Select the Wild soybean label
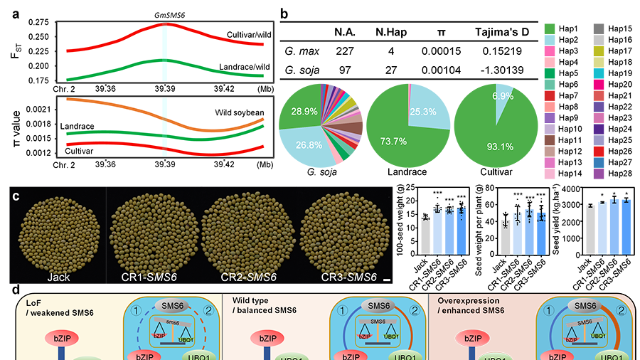[239, 112]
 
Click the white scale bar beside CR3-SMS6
[387, 280]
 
